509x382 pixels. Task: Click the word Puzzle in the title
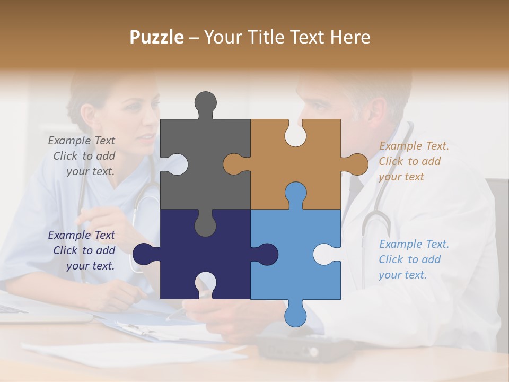point(157,37)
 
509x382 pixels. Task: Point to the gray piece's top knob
point(205,103)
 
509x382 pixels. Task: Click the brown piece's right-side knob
point(356,164)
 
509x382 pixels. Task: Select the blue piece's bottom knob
point(295,315)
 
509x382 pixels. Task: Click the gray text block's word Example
point(68,141)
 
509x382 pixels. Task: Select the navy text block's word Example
point(68,235)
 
